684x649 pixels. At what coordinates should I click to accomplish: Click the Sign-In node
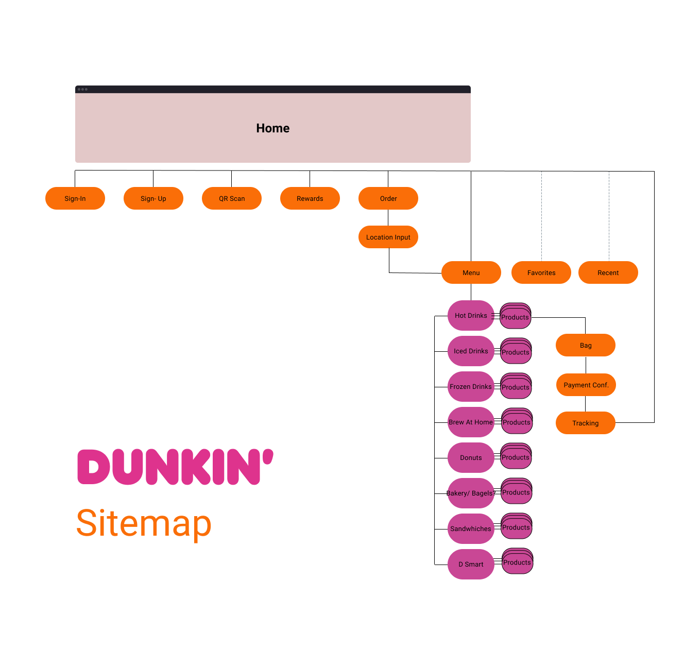click(75, 198)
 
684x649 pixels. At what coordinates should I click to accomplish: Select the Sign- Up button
click(153, 198)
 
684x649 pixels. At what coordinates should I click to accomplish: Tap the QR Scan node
click(232, 198)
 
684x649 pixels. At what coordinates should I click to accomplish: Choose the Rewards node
click(310, 198)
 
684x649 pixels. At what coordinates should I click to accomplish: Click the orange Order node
click(388, 198)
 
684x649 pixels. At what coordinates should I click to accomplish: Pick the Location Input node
click(388, 237)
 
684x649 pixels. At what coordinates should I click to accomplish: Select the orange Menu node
click(471, 272)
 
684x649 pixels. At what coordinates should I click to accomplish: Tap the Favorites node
click(541, 272)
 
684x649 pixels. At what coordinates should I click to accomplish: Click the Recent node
click(608, 272)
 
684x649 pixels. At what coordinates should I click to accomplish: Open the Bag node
click(586, 345)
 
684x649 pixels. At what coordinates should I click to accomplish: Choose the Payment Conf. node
click(586, 385)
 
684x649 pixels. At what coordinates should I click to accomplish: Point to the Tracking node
click(586, 423)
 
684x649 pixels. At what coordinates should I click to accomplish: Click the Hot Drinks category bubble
click(471, 315)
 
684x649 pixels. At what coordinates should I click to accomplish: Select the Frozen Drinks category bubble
click(471, 386)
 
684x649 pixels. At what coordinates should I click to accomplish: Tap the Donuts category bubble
click(471, 457)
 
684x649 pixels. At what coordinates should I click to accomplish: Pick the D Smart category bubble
click(471, 564)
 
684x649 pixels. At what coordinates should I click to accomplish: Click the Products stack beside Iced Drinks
click(516, 352)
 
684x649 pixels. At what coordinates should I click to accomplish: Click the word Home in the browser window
click(273, 128)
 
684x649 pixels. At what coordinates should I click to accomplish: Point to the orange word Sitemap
click(144, 523)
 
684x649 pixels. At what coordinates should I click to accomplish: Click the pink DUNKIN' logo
click(175, 467)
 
